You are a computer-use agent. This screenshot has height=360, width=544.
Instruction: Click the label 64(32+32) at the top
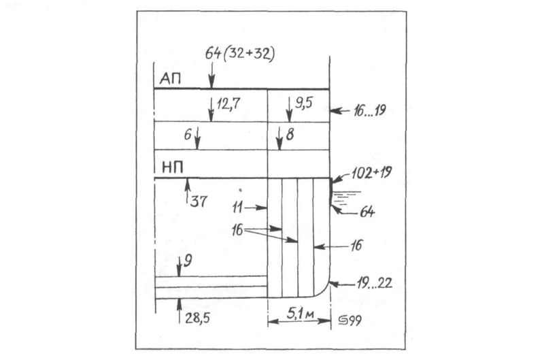tap(240, 54)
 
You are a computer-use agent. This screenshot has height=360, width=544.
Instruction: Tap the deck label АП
tap(170, 80)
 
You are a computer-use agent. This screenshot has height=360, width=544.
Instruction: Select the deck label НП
tap(173, 168)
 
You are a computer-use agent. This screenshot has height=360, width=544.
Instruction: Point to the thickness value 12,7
tap(228, 104)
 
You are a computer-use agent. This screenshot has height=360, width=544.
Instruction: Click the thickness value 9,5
tap(303, 103)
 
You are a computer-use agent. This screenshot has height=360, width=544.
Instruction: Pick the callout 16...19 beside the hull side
tap(370, 111)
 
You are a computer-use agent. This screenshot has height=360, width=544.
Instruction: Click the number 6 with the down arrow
tap(188, 134)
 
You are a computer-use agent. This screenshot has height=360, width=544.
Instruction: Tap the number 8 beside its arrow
tap(290, 134)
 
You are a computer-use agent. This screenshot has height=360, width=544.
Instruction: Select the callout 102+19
tap(371, 173)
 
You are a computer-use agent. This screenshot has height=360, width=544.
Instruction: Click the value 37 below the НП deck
tap(199, 201)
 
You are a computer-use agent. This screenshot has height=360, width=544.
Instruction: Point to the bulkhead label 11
tap(237, 208)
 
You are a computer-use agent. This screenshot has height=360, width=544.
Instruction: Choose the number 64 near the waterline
tap(367, 212)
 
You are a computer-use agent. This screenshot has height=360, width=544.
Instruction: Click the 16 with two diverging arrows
tap(237, 230)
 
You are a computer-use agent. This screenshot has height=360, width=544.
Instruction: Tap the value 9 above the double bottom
tap(188, 261)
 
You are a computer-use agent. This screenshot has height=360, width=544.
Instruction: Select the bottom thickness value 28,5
tap(197, 318)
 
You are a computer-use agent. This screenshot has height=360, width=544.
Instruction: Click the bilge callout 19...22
tap(375, 284)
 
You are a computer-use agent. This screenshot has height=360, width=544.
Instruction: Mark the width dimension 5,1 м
tap(301, 314)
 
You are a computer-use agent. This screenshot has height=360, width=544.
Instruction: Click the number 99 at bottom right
tap(354, 320)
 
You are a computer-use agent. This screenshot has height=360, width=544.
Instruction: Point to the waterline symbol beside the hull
tap(345, 198)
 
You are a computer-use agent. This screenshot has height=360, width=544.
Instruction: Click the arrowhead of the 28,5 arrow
tap(179, 301)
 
